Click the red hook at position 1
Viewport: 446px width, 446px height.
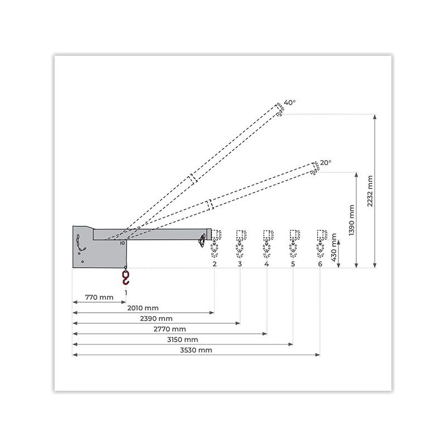tap(125, 278)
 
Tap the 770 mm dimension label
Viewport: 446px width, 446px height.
tap(99, 297)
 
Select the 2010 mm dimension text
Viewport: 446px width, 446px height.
tap(143, 308)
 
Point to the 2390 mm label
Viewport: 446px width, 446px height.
tap(156, 318)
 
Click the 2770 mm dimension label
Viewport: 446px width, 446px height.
tap(169, 329)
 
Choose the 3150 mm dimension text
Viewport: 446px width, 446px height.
tap(183, 340)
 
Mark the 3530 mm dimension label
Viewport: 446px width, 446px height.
tap(196, 350)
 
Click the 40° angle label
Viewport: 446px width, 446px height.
tap(289, 103)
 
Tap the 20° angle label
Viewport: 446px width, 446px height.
tap(326, 163)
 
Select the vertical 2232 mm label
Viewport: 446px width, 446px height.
tap(370, 191)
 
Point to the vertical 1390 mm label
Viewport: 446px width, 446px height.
tap(352, 220)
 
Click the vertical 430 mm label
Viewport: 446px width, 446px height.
tap(334, 248)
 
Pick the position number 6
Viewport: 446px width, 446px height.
tap(320, 264)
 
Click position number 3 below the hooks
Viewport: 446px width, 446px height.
tap(240, 264)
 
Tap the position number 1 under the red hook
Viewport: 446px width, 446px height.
tap(126, 292)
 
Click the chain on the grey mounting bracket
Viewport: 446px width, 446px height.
tap(79, 244)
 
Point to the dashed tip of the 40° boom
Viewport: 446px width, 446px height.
tap(279, 109)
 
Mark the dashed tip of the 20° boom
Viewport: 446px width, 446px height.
tap(315, 168)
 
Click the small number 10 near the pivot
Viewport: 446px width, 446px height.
tap(122, 243)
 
